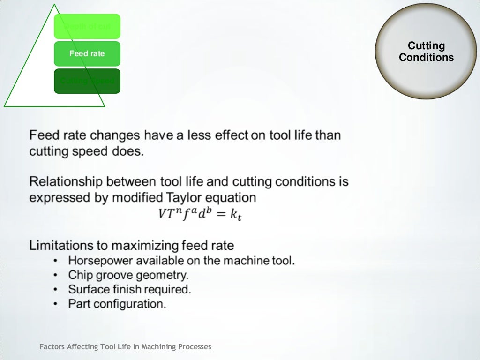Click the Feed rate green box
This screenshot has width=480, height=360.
[87, 53]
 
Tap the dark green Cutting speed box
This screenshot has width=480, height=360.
[87, 81]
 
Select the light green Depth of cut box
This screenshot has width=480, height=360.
[87, 26]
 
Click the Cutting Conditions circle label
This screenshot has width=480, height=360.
[426, 52]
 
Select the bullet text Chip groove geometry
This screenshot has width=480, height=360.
[128, 275]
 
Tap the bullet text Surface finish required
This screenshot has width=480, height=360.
[129, 289]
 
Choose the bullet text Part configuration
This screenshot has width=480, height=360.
[117, 304]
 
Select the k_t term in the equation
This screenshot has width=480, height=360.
[235, 214]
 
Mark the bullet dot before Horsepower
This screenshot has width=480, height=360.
[56, 261]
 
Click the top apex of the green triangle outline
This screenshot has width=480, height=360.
[55, 5]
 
